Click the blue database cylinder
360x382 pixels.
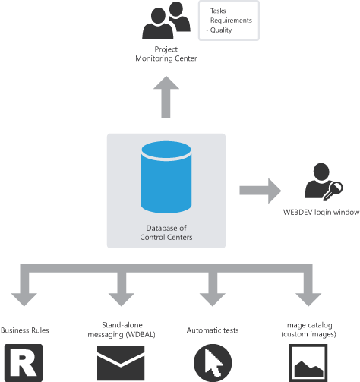(x=166, y=177)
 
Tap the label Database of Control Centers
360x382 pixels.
(x=166, y=232)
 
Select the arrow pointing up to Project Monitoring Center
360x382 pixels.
(x=166, y=97)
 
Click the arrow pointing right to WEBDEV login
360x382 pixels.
(x=261, y=191)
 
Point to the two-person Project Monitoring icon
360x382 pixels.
(x=166, y=21)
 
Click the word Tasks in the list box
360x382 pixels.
(x=218, y=11)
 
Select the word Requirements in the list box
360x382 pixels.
(x=231, y=21)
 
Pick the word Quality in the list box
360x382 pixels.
(x=221, y=30)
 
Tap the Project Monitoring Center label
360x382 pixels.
(x=166, y=54)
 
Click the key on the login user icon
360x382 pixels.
(x=333, y=191)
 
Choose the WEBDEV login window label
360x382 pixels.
(x=321, y=212)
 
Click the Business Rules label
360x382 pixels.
(x=25, y=330)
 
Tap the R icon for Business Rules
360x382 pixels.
(x=24, y=363)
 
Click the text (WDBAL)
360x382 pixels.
(x=141, y=334)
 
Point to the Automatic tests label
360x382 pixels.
(x=213, y=330)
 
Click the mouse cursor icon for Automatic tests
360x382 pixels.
(x=213, y=363)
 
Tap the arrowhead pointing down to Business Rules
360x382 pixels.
(x=24, y=299)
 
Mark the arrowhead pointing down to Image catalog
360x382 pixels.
(x=308, y=299)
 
